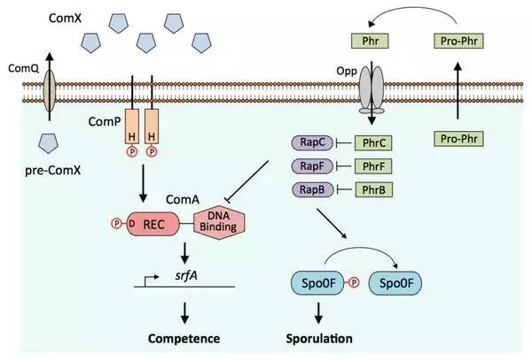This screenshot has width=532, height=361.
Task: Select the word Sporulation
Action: click(x=318, y=338)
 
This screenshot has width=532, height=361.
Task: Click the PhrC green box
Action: click(x=372, y=142)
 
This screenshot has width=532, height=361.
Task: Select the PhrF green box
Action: click(x=372, y=165)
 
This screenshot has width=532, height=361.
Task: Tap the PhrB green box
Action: click(x=372, y=188)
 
